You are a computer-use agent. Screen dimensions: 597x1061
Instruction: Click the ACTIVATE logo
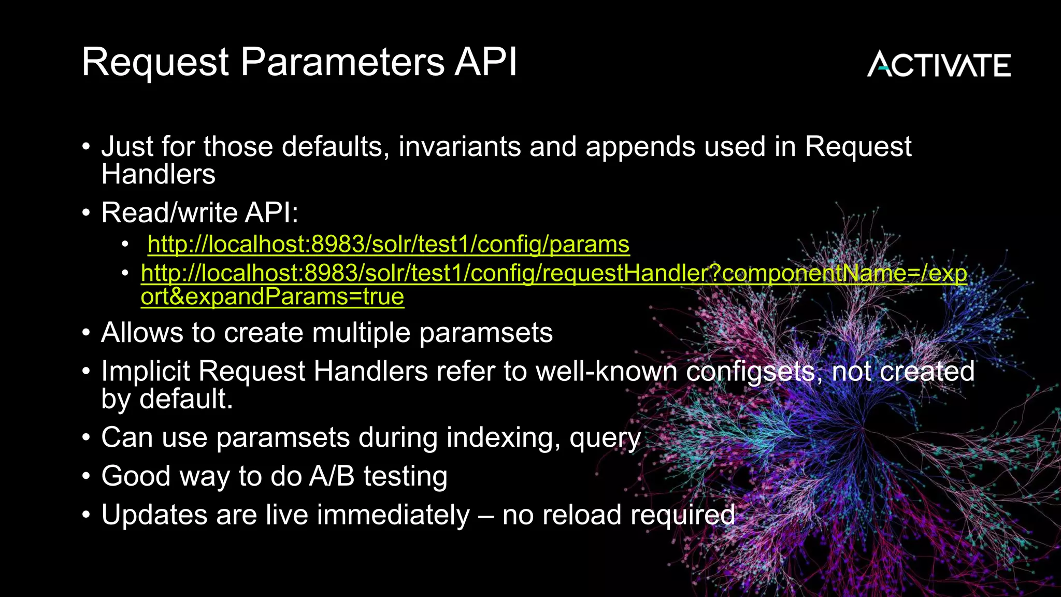coord(939,65)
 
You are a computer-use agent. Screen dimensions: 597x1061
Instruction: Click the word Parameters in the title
coord(342,62)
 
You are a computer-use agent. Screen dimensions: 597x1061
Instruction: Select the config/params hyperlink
coord(388,244)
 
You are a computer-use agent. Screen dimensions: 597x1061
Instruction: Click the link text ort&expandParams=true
coord(272,296)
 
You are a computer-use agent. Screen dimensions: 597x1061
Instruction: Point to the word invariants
coord(459,147)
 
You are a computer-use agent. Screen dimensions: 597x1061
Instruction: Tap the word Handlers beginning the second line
coord(158,174)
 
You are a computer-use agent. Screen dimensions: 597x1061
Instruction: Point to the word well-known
coord(606,372)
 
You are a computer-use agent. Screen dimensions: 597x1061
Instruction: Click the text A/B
coord(332,476)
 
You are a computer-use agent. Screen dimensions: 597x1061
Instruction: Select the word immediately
coord(393,515)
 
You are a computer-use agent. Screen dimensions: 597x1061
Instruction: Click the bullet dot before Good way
coord(87,476)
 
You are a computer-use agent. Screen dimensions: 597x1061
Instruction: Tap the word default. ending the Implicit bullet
coord(186,399)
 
